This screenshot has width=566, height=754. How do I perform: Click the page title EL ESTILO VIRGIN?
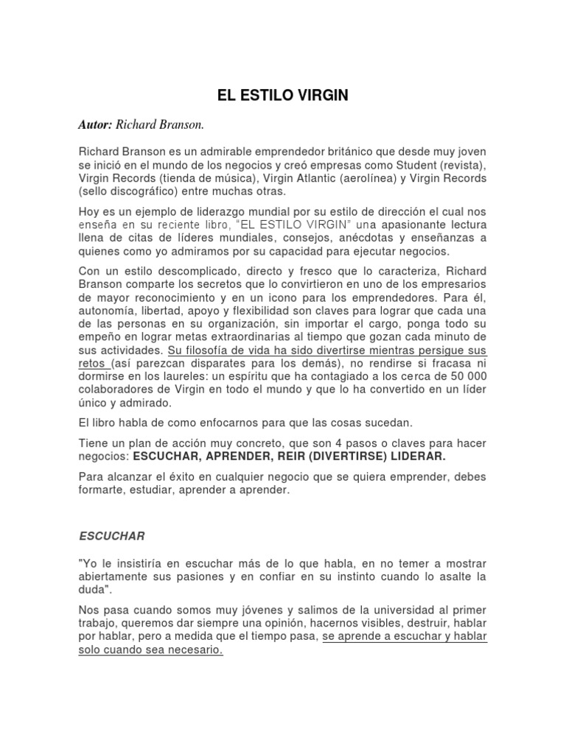(x=282, y=95)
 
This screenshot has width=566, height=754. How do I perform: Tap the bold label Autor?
(x=95, y=126)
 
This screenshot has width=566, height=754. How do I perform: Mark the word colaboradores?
(x=116, y=390)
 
